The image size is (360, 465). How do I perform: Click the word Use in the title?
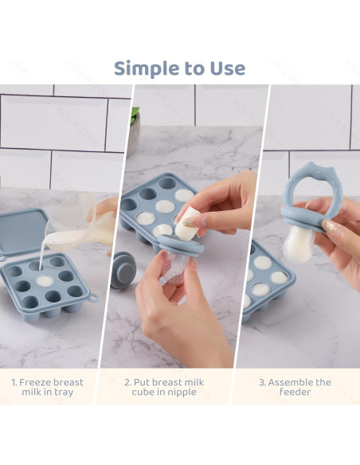point(227,68)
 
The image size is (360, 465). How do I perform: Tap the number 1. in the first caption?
point(15,382)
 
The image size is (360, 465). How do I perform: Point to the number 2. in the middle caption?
point(128,382)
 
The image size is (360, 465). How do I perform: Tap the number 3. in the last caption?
point(262,382)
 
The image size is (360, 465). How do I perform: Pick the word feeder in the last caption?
point(295,393)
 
